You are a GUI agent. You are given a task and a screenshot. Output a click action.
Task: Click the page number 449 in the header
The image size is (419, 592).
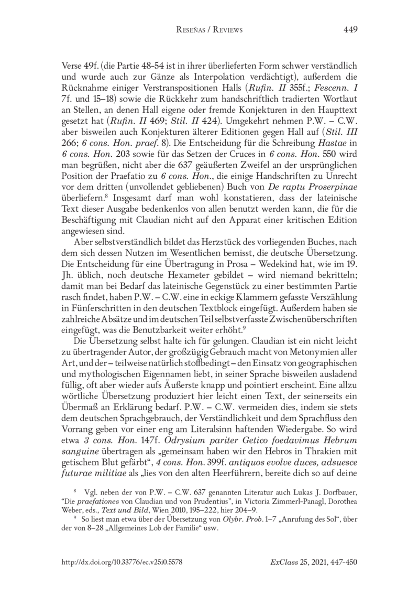point(350,30)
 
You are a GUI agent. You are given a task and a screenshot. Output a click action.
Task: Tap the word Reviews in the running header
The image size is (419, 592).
point(227,30)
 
